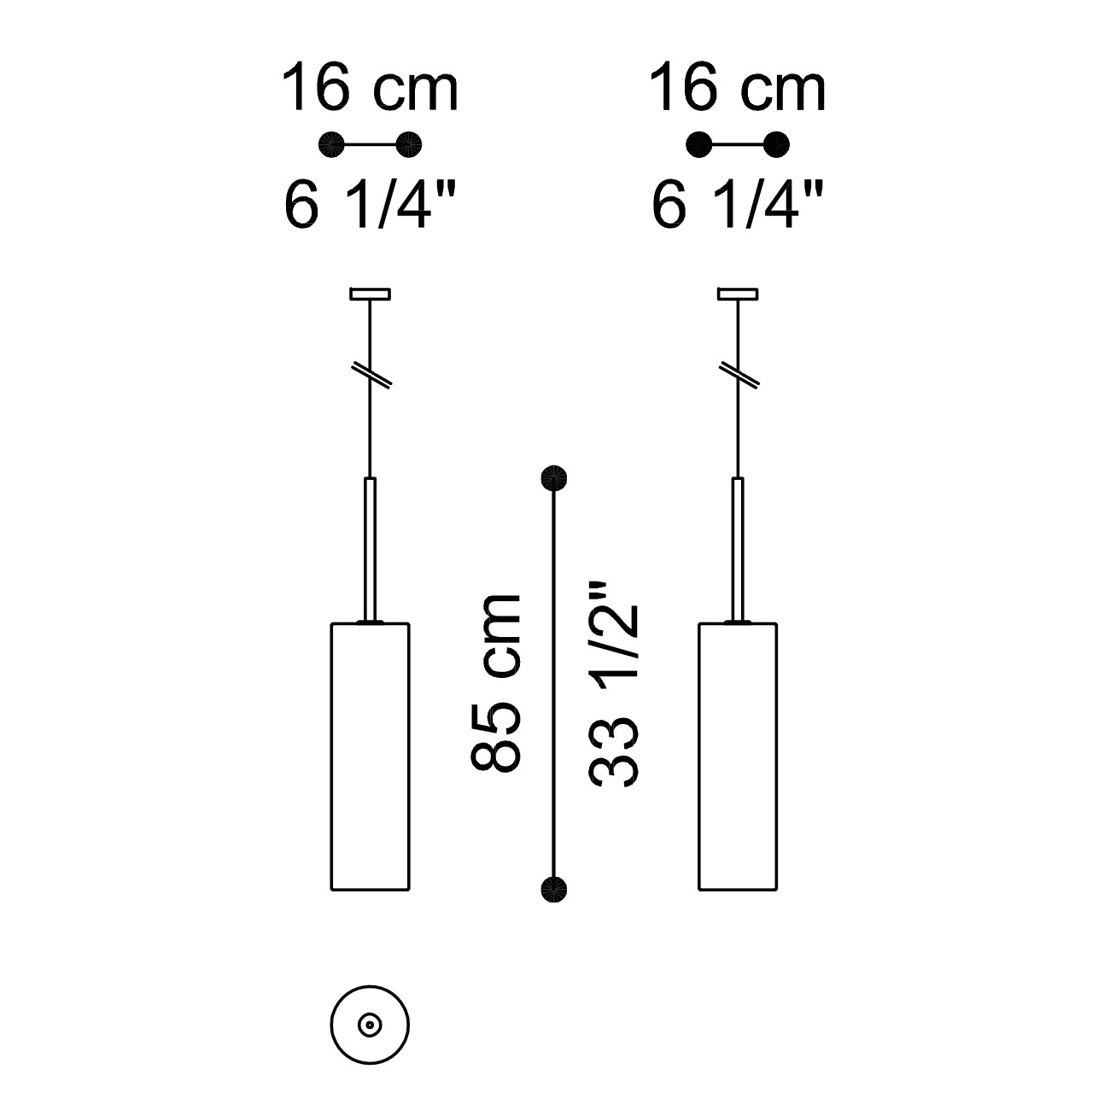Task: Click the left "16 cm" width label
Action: click(370, 88)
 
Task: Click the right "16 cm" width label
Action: click(738, 88)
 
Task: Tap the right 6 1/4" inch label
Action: click(738, 204)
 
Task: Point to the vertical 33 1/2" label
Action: click(613, 683)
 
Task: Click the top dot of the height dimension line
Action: click(553, 477)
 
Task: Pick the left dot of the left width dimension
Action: click(331, 144)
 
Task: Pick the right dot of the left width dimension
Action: click(409, 144)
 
